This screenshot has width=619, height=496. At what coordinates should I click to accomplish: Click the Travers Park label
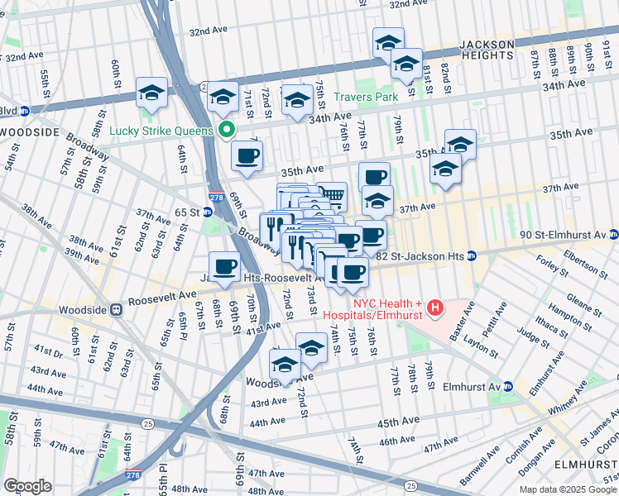click(x=367, y=98)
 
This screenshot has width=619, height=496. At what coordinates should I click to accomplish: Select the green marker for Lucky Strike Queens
click(x=225, y=130)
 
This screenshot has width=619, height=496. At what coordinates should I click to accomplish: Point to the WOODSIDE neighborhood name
click(x=31, y=132)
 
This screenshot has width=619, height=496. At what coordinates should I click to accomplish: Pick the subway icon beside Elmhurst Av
click(x=508, y=386)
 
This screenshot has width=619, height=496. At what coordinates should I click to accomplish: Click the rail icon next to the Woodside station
click(x=117, y=311)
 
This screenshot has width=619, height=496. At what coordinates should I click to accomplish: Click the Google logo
click(x=27, y=486)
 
